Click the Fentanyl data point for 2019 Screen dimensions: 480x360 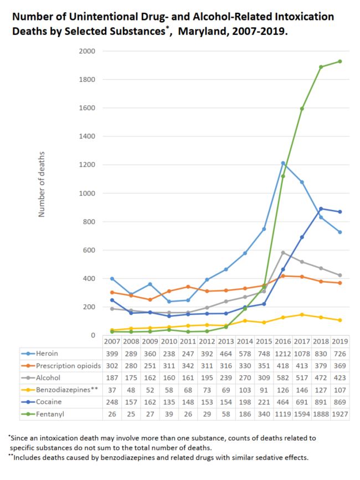pyautogui.click(x=340, y=62)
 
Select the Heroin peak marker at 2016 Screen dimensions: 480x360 pyautogui.click(x=282, y=163)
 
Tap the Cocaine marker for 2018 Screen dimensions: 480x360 pyautogui.click(x=321, y=209)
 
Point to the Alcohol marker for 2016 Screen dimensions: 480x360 pyautogui.click(x=282, y=253)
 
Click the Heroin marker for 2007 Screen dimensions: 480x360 pyautogui.click(x=112, y=279)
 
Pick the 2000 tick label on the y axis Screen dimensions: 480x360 pyautogui.click(x=88, y=51)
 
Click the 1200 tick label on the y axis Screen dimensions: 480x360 pyautogui.click(x=88, y=165)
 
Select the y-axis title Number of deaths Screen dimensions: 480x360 pyautogui.click(x=42, y=183)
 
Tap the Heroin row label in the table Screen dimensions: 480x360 pyautogui.click(x=47, y=354)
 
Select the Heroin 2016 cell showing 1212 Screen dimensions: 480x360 pyautogui.click(x=282, y=354)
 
